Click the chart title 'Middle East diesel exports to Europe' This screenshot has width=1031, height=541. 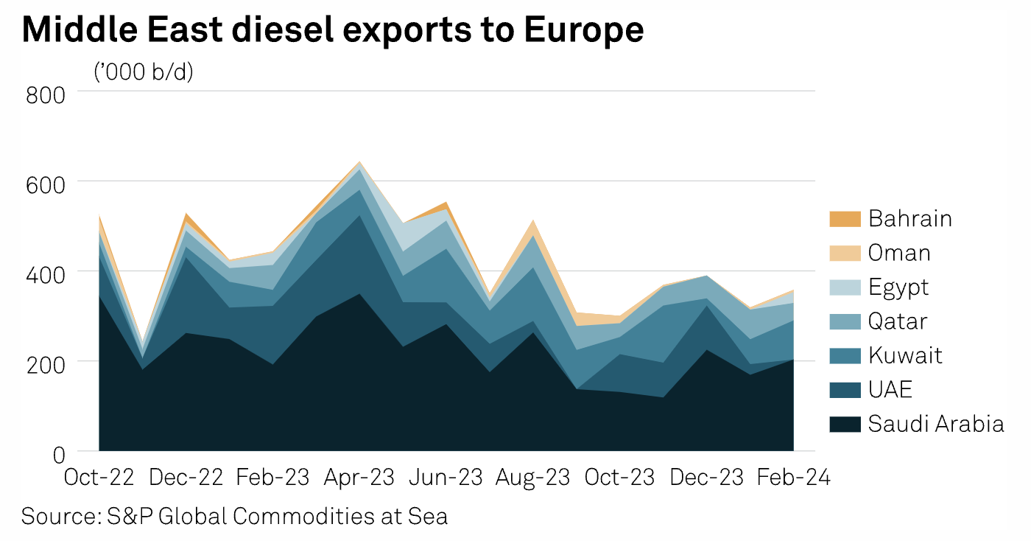(x=333, y=30)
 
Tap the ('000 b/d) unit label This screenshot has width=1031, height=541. (x=144, y=71)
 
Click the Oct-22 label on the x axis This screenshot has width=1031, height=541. (x=99, y=477)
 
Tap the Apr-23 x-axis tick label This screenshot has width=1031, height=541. (x=359, y=477)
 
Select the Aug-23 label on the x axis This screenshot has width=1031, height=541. (x=532, y=477)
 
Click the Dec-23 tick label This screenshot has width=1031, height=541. (x=705, y=477)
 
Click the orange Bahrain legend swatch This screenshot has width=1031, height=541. (x=844, y=219)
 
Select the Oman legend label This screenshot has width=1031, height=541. (x=899, y=253)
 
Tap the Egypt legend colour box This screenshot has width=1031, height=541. (x=844, y=287)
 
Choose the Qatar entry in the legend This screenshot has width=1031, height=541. (x=897, y=321)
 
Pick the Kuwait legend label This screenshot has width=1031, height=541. (x=905, y=356)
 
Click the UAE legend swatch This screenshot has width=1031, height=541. (x=844, y=390)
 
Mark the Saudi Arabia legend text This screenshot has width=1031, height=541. (x=935, y=424)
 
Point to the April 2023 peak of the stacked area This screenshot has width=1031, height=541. (x=359, y=161)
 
